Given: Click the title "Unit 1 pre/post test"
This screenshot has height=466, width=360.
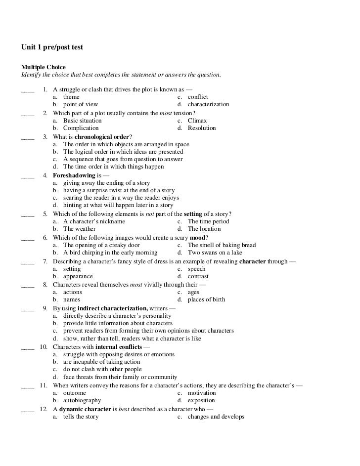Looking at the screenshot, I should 52,47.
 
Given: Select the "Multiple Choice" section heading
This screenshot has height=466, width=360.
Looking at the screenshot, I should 43,67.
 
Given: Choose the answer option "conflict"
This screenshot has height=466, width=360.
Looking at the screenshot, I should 198,97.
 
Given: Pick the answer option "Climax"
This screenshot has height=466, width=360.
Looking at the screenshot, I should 197,121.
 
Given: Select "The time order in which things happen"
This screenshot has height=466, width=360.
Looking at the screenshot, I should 113,167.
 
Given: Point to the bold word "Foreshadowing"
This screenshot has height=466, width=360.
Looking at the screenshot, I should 71,175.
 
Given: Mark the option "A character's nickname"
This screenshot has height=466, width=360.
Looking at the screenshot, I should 94,221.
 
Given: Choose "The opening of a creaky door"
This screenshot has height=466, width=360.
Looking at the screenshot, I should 101,245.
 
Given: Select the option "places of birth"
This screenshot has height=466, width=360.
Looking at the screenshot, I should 206,299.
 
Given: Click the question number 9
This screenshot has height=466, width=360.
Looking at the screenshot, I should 45,308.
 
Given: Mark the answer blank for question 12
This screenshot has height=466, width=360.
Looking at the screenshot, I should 28,410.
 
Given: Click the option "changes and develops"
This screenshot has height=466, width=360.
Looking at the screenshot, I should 216,417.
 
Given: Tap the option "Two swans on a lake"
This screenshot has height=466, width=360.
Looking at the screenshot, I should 215,253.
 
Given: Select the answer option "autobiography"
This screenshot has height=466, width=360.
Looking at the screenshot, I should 82,400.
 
